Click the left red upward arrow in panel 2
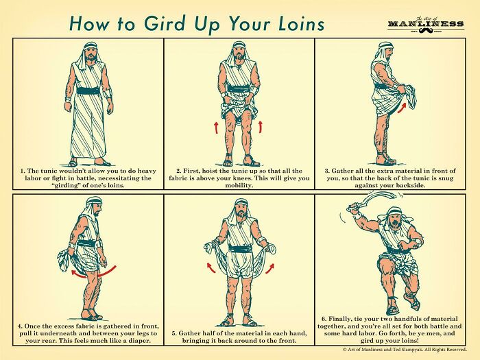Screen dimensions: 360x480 pyautogui.click(x=217, y=128)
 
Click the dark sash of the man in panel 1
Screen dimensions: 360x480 pyautogui.click(x=88, y=91)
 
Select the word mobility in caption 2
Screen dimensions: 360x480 pyautogui.click(x=239, y=186)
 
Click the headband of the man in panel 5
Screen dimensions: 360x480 pyautogui.click(x=239, y=203)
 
